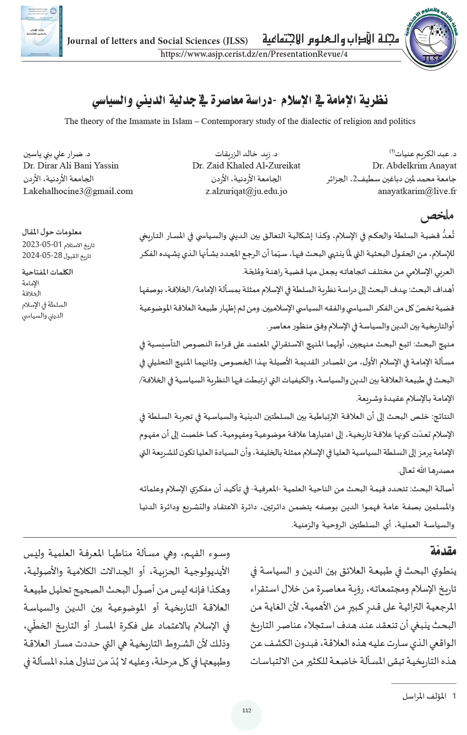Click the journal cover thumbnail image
click(41, 31)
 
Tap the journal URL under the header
click(254, 54)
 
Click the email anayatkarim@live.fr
click(417, 191)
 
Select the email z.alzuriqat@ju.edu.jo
click(246, 191)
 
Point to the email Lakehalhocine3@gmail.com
click(78, 191)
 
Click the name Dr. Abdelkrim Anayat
click(414, 166)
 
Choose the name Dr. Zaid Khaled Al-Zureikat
click(246, 166)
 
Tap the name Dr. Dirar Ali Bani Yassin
click(71, 166)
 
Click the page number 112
click(246, 710)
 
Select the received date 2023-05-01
click(42, 245)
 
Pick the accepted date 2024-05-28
click(42, 256)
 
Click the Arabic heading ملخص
click(437, 216)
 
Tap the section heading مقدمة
click(443, 551)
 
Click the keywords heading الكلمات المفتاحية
click(47, 272)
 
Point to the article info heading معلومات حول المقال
click(52, 232)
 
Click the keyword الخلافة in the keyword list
click(31, 294)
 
